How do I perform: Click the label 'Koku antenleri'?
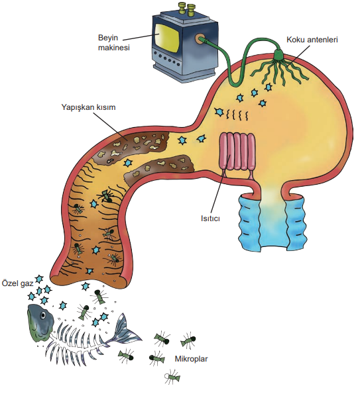tap(312, 40)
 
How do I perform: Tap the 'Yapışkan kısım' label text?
tap(89, 107)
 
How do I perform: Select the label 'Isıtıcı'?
tap(210, 218)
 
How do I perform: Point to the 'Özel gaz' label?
tap(18, 283)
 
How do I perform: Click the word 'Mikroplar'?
tap(191, 359)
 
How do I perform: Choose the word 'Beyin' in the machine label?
tap(108, 38)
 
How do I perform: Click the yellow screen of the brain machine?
tap(167, 38)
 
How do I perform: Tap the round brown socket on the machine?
tap(200, 38)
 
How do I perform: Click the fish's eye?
tap(44, 315)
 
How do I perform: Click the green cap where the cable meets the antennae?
tap(278, 54)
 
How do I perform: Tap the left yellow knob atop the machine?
tap(181, 7)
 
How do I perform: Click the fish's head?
tap(40, 322)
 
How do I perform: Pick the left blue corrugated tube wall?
tap(249, 222)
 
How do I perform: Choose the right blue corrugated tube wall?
tap(296, 223)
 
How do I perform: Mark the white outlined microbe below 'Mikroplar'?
tap(172, 376)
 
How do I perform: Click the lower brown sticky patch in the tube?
tap(160, 168)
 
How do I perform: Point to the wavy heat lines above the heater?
tap(237, 115)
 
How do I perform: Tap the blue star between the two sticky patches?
tap(129, 163)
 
